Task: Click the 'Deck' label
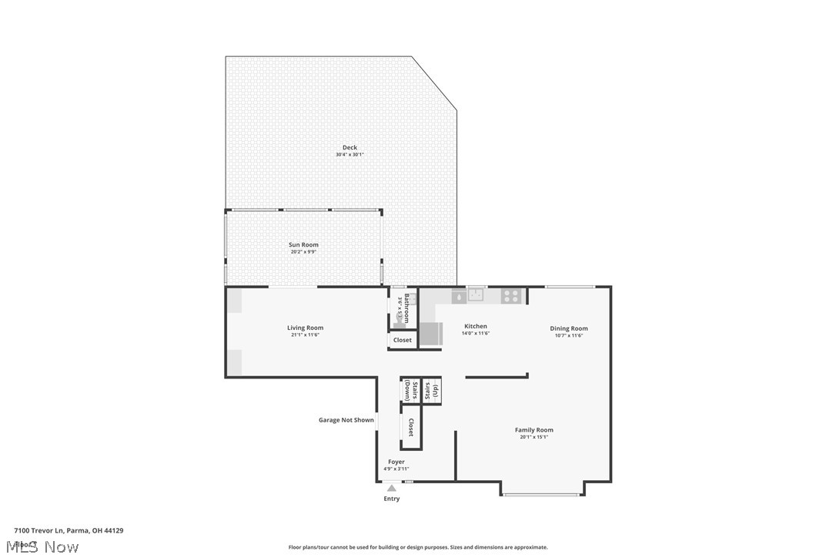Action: pyautogui.click(x=349, y=147)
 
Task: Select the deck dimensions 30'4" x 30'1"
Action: pyautogui.click(x=349, y=155)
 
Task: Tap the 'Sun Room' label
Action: pyautogui.click(x=303, y=244)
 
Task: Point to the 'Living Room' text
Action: pyautogui.click(x=305, y=328)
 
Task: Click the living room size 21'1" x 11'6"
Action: pyautogui.click(x=305, y=334)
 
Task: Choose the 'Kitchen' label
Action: pyautogui.click(x=475, y=326)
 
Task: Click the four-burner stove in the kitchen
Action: pyautogui.click(x=511, y=295)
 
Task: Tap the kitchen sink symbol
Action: pyautogui.click(x=477, y=294)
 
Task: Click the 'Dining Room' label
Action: pyautogui.click(x=568, y=328)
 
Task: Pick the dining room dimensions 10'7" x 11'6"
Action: pyautogui.click(x=568, y=335)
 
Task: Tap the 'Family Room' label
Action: pyautogui.click(x=533, y=430)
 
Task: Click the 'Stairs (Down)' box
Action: pyautogui.click(x=410, y=390)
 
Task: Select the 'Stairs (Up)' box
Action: pyautogui.click(x=431, y=390)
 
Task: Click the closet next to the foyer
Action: pyautogui.click(x=410, y=428)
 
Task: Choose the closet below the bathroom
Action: pyautogui.click(x=402, y=340)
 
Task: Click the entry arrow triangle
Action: pyautogui.click(x=391, y=488)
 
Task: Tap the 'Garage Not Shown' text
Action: pyautogui.click(x=346, y=420)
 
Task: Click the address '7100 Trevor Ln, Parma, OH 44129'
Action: pyautogui.click(x=69, y=530)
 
